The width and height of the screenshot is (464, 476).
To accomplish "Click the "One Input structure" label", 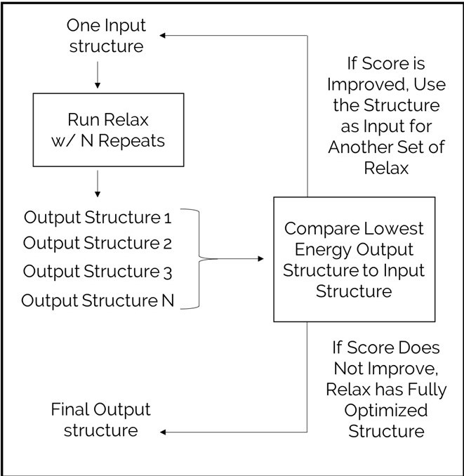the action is click(x=106, y=36).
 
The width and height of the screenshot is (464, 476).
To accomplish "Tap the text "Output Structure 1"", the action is click(x=98, y=218).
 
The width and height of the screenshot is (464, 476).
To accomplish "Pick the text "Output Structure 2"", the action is click(x=98, y=243).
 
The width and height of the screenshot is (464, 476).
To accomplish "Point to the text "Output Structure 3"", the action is click(x=98, y=271).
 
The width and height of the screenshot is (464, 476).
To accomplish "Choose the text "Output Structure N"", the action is click(x=98, y=300).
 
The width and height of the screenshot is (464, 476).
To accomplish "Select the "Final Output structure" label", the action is click(x=101, y=420).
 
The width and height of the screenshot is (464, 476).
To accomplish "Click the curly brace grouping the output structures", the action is click(x=199, y=258).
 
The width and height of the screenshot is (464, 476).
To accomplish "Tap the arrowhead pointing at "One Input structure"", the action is click(x=163, y=36).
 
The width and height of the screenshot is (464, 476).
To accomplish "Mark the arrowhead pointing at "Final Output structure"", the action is click(x=163, y=432).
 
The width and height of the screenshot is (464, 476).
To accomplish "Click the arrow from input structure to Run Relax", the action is click(x=98, y=75).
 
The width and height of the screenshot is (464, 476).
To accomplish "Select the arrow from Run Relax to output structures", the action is click(x=98, y=184).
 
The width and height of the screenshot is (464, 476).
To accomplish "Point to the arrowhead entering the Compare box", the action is click(x=260, y=258).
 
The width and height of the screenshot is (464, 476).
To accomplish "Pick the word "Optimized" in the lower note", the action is click(x=386, y=411).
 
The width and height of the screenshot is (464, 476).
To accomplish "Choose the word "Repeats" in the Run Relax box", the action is click(x=131, y=141).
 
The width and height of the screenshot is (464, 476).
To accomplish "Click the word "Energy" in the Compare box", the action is click(x=323, y=250).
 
